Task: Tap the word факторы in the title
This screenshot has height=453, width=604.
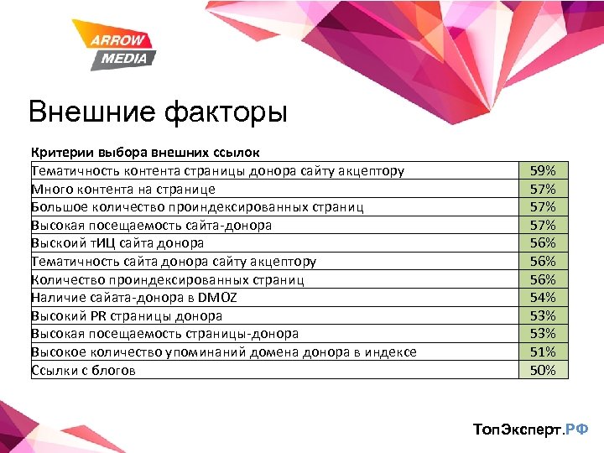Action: coord(222,112)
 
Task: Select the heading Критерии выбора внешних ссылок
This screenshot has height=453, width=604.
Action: coord(145,153)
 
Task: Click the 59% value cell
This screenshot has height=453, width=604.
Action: coord(543,170)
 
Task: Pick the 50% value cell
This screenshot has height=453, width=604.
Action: coord(543,370)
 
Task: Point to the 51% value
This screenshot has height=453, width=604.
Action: coord(543,351)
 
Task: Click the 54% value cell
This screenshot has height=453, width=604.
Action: coord(543,297)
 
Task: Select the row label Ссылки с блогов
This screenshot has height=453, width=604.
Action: coord(83,370)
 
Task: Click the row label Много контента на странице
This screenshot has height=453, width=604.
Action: coord(123,189)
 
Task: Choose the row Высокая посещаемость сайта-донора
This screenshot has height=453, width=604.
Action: coord(151,225)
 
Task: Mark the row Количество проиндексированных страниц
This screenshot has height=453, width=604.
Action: coord(167,279)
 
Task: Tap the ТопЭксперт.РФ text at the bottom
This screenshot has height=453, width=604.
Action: coord(531,429)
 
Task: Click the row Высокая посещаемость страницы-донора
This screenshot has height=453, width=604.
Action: coord(164,334)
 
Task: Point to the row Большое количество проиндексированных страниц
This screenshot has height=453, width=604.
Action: coord(197,206)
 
